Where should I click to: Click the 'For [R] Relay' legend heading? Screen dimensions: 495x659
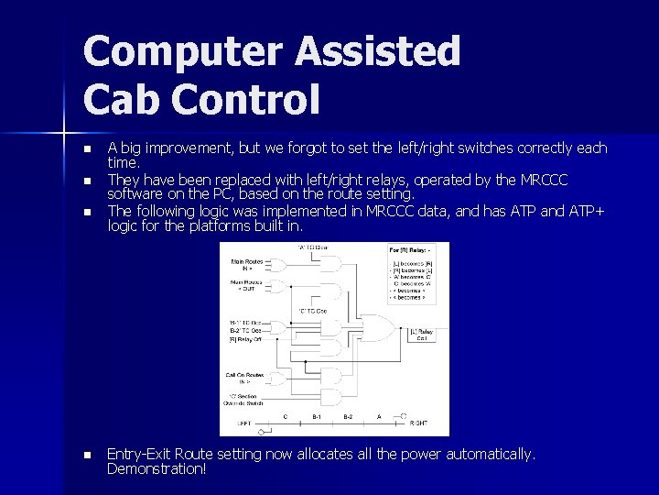coord(408,249)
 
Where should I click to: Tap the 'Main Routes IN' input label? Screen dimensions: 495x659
coord(248,264)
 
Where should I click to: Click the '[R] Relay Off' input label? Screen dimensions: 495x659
coord(246,339)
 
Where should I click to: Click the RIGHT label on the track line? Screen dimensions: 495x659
coord(417,423)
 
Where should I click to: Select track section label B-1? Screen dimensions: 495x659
coord(317,416)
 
